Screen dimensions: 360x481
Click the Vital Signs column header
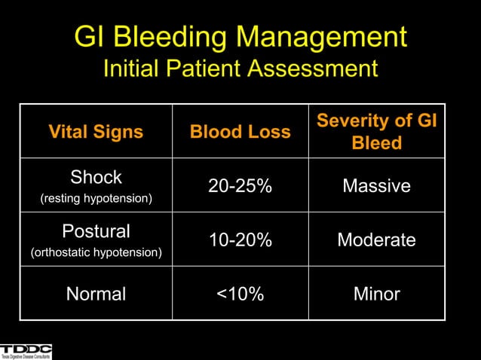pyautogui.click(x=96, y=132)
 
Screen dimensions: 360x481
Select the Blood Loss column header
pyautogui.click(x=240, y=132)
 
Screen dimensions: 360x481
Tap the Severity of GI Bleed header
pyautogui.click(x=376, y=131)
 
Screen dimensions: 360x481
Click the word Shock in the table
pyautogui.click(x=96, y=178)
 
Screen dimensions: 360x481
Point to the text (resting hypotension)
pyautogui.click(x=96, y=199)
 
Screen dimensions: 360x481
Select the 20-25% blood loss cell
pyautogui.click(x=240, y=185)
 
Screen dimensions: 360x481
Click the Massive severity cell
pyautogui.click(x=376, y=185)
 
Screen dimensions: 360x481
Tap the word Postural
pyautogui.click(x=96, y=231)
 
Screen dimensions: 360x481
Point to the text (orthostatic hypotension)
pyautogui.click(x=96, y=252)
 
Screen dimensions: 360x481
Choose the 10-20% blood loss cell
pyautogui.click(x=240, y=239)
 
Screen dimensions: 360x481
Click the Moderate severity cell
pyautogui.click(x=376, y=239)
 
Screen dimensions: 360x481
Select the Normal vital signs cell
pyautogui.click(x=96, y=294)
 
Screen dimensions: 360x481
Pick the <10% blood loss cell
pyautogui.click(x=240, y=294)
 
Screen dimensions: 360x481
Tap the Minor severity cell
pyautogui.click(x=376, y=294)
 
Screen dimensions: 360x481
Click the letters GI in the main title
pyautogui.click(x=88, y=37)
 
